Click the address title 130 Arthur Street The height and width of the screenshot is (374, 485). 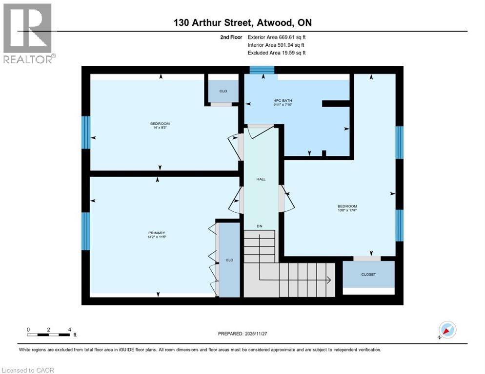tap(242, 22)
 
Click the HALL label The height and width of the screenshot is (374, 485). tap(261, 179)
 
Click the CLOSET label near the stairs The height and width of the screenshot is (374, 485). tap(368, 275)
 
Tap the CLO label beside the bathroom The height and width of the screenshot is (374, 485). tap(223, 91)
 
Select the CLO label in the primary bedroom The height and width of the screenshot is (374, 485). tap(229, 260)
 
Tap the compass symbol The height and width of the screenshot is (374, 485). tap(447, 330)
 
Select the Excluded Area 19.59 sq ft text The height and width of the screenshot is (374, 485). tap(277, 53)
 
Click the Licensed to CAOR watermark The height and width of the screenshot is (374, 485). tap(27, 370)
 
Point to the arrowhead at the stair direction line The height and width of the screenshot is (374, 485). tap(329, 280)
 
